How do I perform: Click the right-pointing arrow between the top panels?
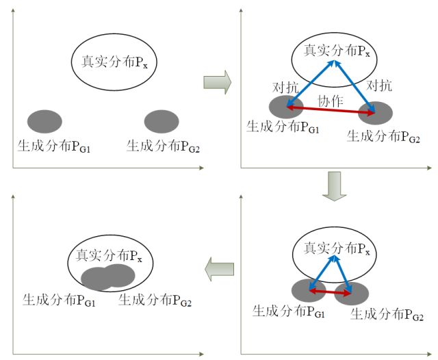click(x=217, y=83)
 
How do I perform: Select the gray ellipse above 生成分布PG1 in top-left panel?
click(x=44, y=122)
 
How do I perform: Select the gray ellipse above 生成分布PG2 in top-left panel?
click(x=162, y=122)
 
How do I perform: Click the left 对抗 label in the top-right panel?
click(x=287, y=88)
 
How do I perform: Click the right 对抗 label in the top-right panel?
click(x=379, y=86)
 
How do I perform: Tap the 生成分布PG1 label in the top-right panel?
click(x=280, y=128)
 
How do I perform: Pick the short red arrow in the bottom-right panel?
click(x=329, y=292)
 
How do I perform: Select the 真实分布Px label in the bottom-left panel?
click(x=109, y=256)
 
